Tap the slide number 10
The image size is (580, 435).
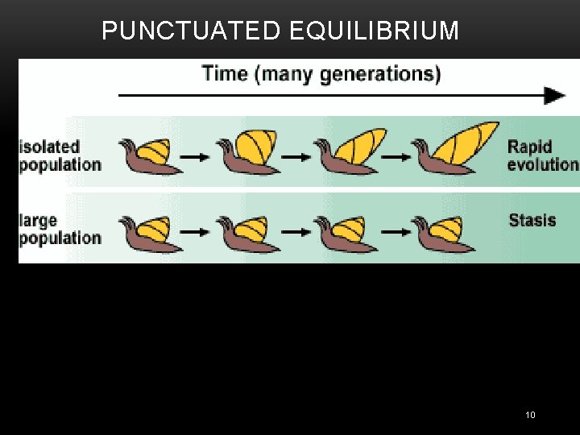coord(529,415)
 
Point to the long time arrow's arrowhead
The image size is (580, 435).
coord(555,96)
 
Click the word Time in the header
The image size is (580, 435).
coord(225,74)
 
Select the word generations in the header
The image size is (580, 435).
coord(380,74)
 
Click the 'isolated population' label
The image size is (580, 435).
coord(60,155)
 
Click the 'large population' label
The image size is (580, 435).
coord(60,229)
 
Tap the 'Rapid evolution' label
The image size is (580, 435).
coord(542,155)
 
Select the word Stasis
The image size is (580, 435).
coord(532,220)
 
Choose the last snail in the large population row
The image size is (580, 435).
coord(438,231)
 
